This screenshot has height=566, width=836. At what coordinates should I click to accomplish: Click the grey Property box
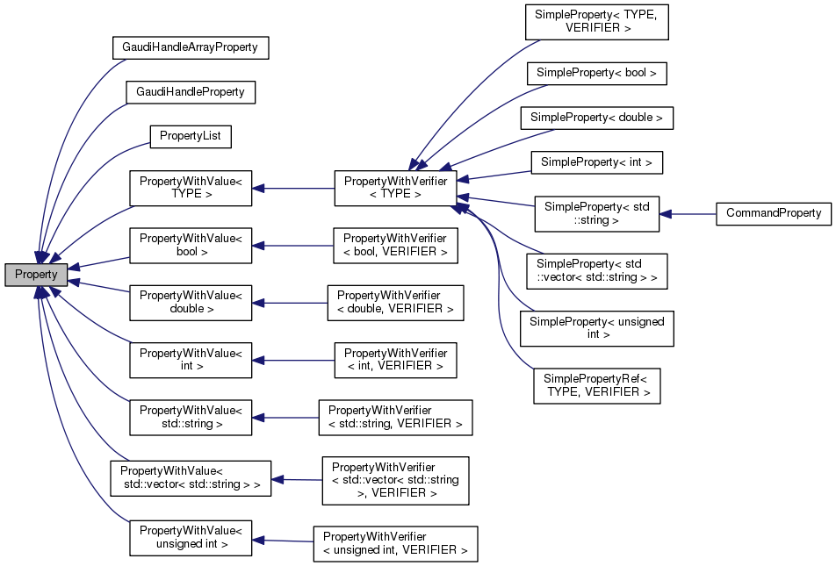point(36,274)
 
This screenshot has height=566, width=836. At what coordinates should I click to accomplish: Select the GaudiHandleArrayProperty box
point(190,47)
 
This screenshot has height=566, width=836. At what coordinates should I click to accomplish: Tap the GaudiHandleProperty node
point(190,92)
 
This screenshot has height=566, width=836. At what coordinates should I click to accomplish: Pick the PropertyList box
point(190,137)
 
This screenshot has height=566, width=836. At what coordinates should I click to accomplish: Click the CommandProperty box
point(773,213)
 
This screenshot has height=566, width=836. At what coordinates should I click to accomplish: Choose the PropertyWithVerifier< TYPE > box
point(395,188)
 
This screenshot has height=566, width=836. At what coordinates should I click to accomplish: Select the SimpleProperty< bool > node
point(596,73)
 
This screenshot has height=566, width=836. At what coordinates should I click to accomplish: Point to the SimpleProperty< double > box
point(596,118)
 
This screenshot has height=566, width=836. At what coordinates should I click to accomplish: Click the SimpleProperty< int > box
point(596,162)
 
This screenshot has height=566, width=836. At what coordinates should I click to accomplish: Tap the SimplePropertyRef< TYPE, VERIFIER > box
point(596,385)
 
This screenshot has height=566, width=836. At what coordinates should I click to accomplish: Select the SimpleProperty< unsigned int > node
point(596,328)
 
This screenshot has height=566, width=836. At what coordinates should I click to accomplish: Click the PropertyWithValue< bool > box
point(191,245)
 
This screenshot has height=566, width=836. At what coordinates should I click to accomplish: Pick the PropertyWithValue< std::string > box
point(191,417)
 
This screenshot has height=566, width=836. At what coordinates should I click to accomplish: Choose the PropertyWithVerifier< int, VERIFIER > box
point(395,360)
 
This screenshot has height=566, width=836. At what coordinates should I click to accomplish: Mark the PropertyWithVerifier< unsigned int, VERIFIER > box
point(395,544)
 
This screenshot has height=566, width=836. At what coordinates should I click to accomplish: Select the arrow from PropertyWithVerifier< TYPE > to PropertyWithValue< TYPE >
point(293,188)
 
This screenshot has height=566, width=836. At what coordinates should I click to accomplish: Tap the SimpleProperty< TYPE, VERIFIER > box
point(596,22)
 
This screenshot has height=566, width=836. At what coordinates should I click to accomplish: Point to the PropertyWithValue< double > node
point(191,302)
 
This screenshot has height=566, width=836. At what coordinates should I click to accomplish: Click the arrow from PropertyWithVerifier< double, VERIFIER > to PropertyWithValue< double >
point(289,302)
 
